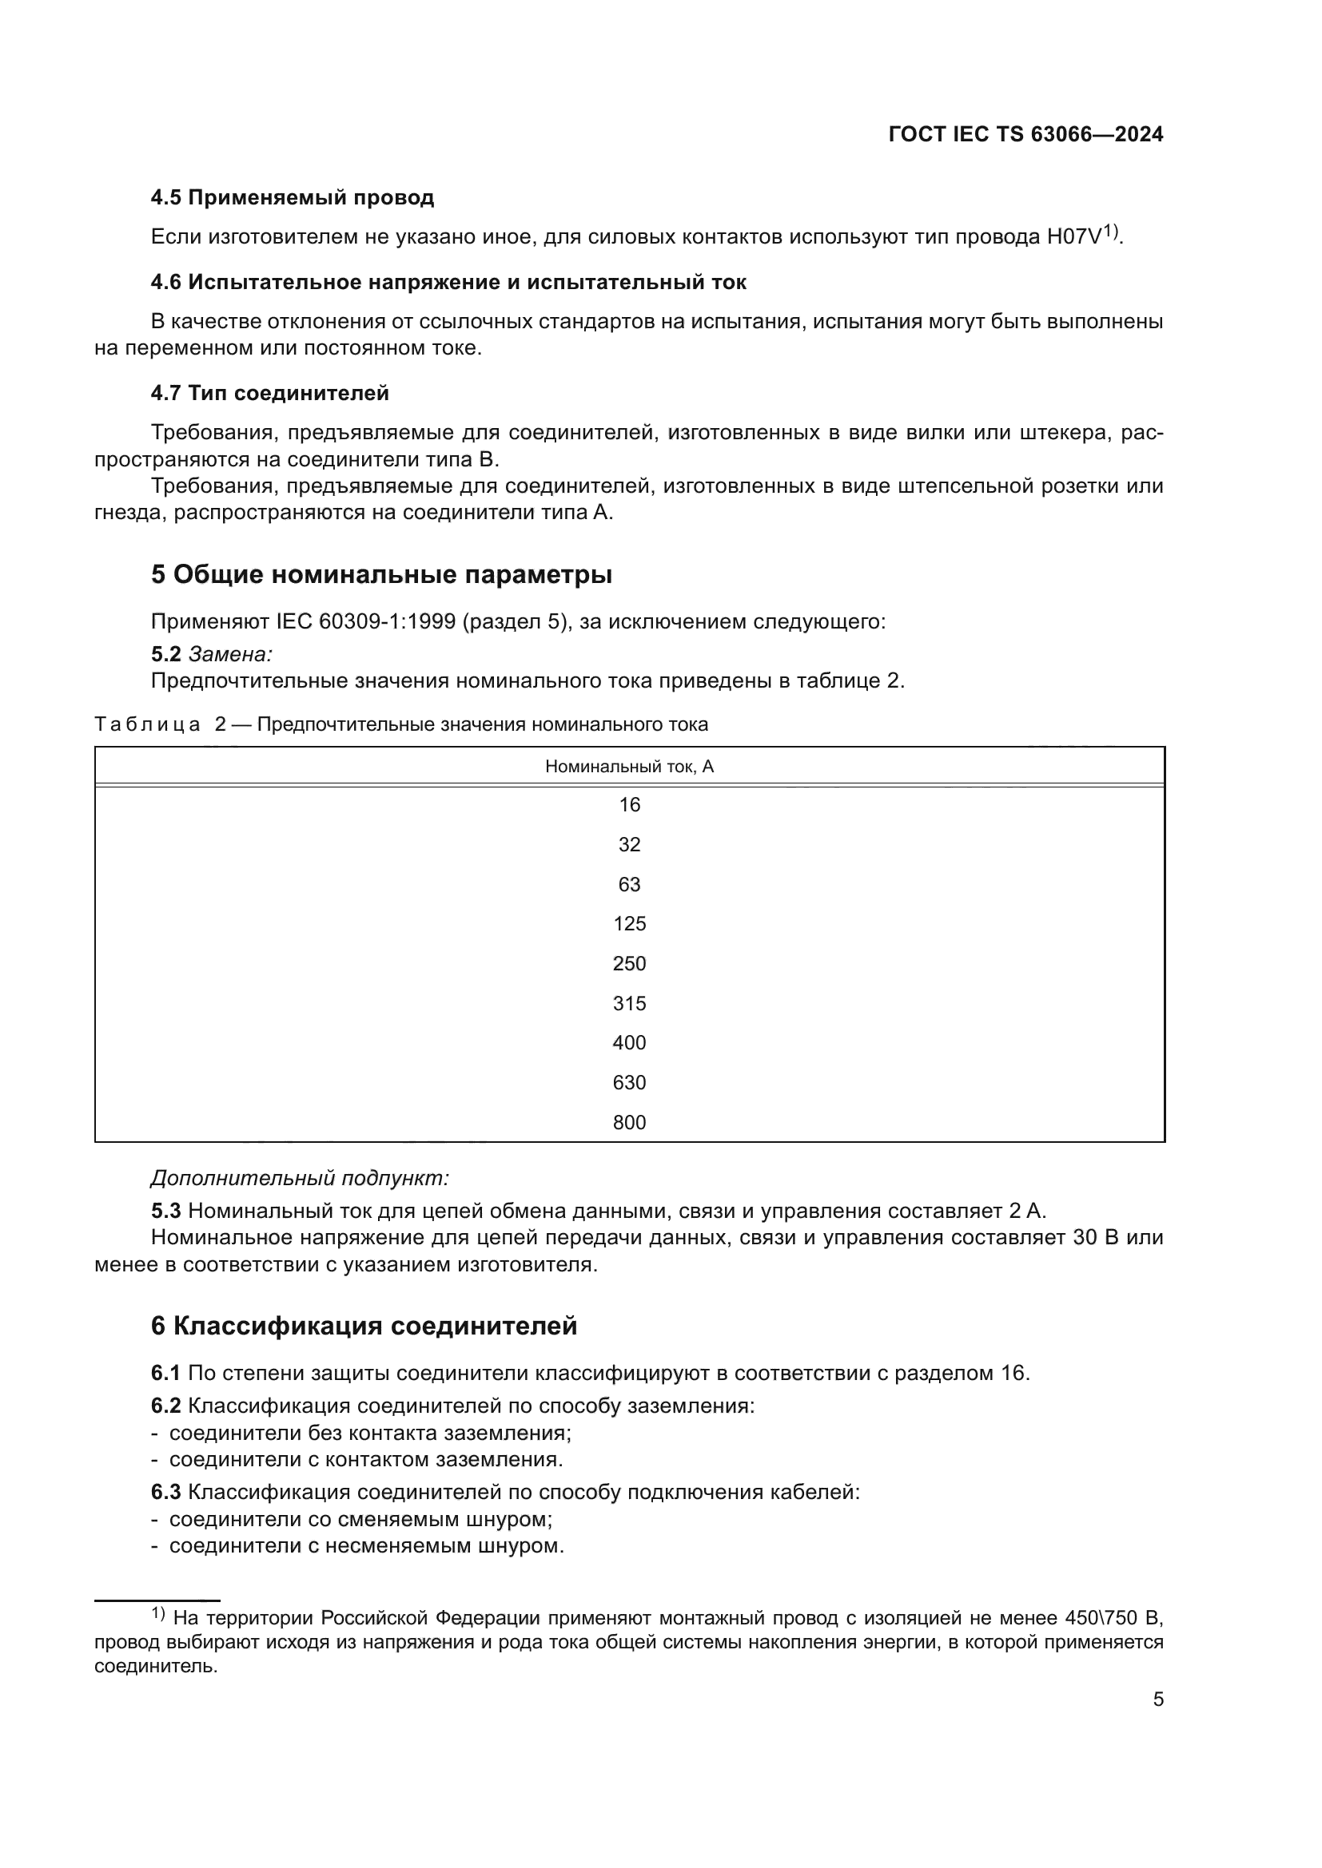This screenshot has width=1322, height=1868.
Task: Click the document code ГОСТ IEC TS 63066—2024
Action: click(x=1025, y=134)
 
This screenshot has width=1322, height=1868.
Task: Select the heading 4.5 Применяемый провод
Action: click(x=293, y=198)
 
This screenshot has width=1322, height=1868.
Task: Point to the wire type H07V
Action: click(x=1073, y=236)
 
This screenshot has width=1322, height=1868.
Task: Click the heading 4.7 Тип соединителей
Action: click(x=269, y=393)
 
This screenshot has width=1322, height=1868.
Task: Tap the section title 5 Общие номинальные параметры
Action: click(x=381, y=574)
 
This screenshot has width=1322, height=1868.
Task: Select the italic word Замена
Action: click(x=229, y=653)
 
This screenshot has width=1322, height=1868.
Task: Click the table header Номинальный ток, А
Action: click(x=629, y=767)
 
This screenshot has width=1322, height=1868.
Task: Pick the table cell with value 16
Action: click(x=629, y=805)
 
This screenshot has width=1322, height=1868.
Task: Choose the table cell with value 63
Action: click(x=629, y=884)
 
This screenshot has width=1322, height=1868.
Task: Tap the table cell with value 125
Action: click(x=629, y=923)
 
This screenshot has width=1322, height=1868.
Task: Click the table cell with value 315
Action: click(x=629, y=1003)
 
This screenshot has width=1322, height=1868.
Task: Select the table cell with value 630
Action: click(x=629, y=1083)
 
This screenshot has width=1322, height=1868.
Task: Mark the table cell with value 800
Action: click(x=629, y=1123)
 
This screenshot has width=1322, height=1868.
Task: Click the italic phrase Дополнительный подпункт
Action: click(x=300, y=1178)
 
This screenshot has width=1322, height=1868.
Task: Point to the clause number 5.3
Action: click(x=165, y=1211)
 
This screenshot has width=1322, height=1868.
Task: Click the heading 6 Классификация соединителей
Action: click(x=364, y=1327)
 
